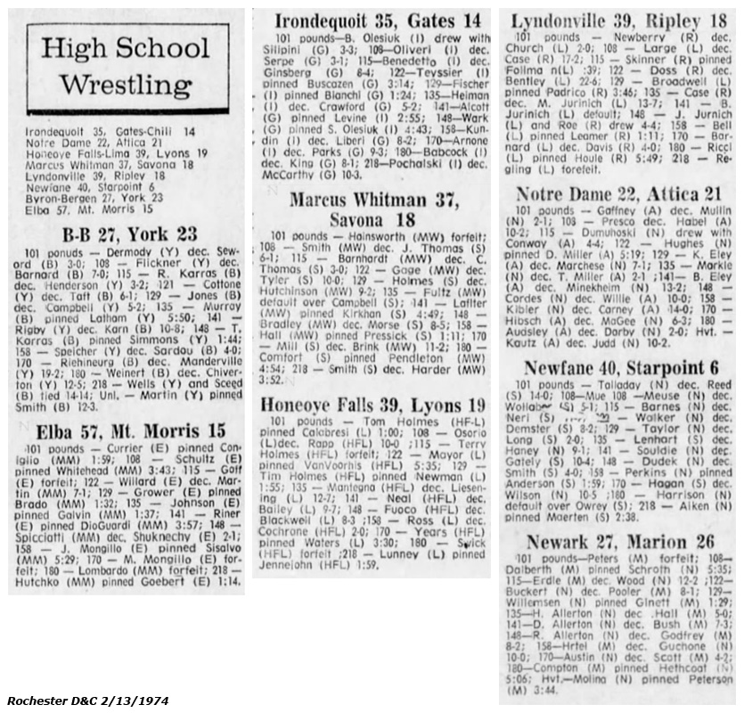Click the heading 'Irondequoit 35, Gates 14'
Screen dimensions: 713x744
click(379, 20)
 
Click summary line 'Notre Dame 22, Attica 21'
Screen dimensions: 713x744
click(79, 142)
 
